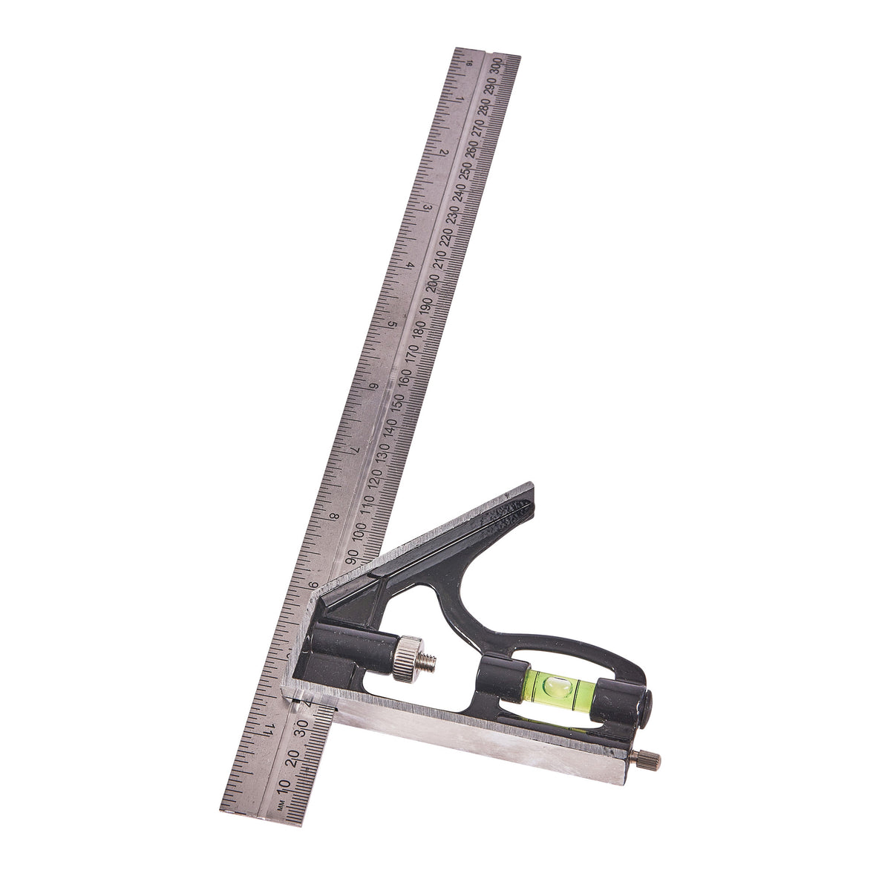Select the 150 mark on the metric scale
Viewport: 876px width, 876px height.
(399, 404)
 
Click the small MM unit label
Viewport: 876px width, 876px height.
(281, 806)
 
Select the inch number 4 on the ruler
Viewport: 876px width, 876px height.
(411, 265)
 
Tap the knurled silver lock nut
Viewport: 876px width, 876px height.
(405, 658)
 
